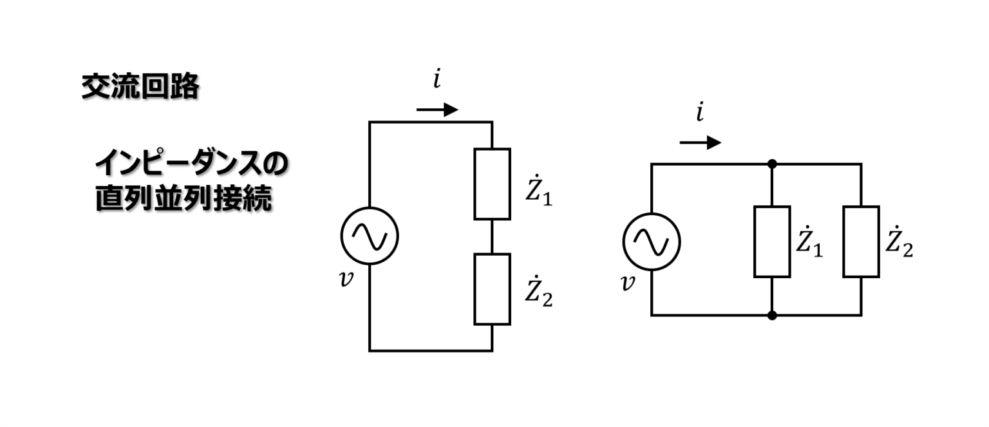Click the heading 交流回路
point(140,88)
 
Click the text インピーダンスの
point(190,166)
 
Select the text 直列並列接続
point(184,198)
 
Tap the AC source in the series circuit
point(370,236)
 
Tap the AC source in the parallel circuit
point(651,242)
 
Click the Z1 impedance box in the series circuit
point(492,184)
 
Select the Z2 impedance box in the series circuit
point(492,289)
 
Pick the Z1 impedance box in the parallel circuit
point(772,242)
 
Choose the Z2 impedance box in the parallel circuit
point(861,242)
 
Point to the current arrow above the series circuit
point(437,110)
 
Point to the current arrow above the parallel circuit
point(701,142)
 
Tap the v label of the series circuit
point(347,280)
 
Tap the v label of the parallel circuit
point(627,284)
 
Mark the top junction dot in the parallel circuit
point(772,164)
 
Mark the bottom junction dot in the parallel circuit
point(772,315)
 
